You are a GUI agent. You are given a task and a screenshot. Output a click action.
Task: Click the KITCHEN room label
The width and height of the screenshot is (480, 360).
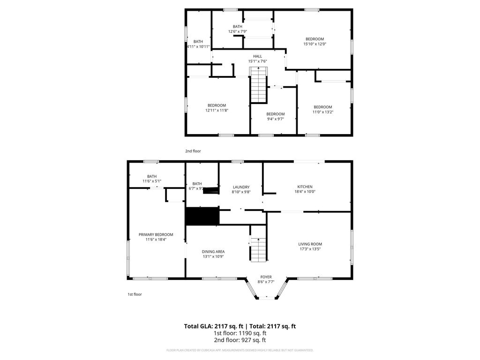coord(304,187)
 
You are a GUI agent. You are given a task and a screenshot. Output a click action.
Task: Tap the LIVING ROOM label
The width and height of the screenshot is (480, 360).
coord(310,244)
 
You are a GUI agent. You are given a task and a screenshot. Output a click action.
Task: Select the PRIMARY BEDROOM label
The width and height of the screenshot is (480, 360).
coord(156,234)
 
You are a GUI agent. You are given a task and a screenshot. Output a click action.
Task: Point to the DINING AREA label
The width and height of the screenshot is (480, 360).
coord(213,251)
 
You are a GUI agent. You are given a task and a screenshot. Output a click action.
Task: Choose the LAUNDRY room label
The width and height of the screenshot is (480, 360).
coord(241,187)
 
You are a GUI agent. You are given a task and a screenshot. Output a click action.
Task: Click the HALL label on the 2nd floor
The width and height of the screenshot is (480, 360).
coord(257,56)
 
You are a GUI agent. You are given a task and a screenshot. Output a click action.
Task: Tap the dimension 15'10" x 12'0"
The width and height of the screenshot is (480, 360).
coord(315,44)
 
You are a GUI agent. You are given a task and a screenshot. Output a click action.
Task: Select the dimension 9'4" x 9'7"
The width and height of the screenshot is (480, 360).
coord(275,119)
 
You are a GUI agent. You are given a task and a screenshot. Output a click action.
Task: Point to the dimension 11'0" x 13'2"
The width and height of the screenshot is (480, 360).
coord(322,112)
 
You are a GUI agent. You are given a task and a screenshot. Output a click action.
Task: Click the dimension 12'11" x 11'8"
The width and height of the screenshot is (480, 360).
coord(217,110)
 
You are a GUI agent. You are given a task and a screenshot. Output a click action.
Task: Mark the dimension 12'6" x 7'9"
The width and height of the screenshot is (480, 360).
coord(238,31)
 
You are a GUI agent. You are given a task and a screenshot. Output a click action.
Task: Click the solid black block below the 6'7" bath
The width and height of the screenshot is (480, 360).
coord(202,216)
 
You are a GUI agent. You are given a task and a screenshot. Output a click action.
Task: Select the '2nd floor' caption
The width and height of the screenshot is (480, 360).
coord(193,151)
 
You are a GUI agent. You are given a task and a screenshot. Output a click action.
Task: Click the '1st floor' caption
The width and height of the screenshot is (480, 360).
coord(135,294)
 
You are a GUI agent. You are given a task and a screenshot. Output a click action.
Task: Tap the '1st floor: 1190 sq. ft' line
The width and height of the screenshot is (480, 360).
coord(240,333)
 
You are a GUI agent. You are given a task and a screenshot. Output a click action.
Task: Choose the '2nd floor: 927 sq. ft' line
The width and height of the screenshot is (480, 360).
coord(240,340)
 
